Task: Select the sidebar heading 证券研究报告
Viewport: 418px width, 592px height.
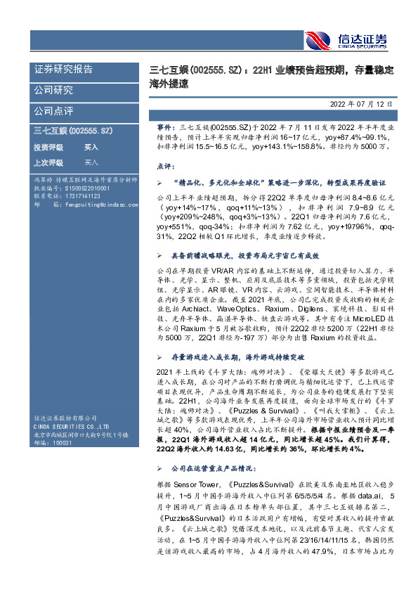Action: [63, 69]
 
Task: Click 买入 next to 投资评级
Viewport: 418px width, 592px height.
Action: [91, 148]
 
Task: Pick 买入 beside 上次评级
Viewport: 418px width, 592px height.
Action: [91, 162]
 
